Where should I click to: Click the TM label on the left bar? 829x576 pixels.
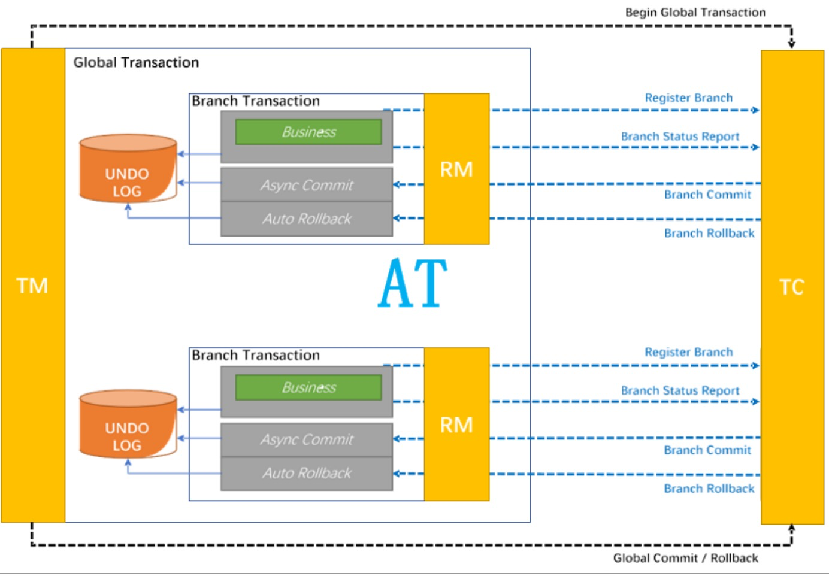(32, 286)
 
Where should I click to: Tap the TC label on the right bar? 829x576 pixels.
(791, 287)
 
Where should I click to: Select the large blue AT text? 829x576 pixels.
(413, 283)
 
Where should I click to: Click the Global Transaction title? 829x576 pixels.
(136, 63)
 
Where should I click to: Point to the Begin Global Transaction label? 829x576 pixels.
(695, 13)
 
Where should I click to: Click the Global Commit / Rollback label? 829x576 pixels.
(685, 558)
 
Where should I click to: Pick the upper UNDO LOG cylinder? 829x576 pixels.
(128, 169)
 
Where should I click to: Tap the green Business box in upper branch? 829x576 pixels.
(308, 132)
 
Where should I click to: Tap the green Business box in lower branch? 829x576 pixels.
(308, 387)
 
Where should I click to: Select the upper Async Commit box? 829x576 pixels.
(307, 185)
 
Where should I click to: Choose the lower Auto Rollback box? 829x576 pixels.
(307, 474)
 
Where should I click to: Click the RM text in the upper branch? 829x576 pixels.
(456, 170)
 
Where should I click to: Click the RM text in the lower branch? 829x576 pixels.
(456, 425)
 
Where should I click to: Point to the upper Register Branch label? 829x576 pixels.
(688, 98)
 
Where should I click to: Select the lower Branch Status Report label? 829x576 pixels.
(680, 391)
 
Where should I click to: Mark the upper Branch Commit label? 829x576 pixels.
(707, 195)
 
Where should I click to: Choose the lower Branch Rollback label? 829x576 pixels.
(709, 489)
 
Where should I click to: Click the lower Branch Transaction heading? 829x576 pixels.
(256, 356)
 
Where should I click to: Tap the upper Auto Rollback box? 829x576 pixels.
(307, 219)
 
